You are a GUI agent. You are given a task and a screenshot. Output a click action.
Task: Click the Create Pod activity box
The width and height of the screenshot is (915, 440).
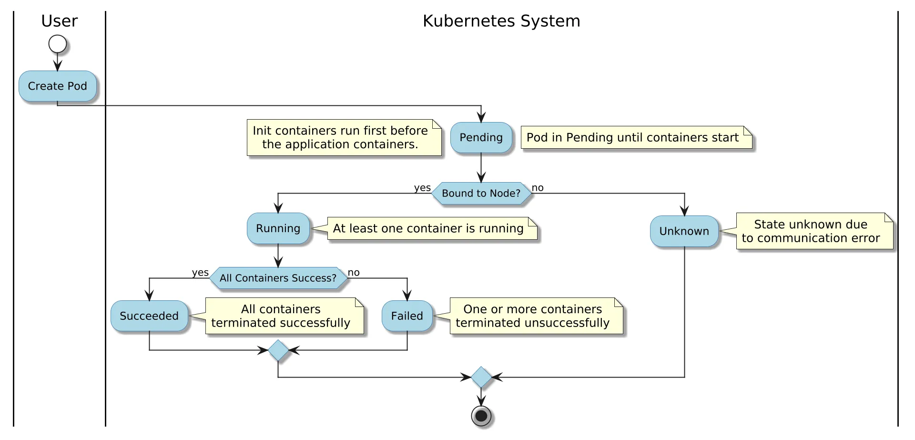tap(58, 86)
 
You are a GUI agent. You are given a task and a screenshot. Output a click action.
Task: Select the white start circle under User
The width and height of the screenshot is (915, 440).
tap(58, 44)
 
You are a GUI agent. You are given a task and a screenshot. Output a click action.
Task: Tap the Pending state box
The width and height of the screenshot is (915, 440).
tap(481, 138)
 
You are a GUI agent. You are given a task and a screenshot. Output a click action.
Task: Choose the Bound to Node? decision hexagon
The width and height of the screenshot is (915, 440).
tap(481, 193)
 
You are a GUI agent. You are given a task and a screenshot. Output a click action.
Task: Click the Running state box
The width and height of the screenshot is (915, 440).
tap(278, 228)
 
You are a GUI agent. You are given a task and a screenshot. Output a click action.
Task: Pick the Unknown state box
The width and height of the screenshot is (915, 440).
tap(684, 231)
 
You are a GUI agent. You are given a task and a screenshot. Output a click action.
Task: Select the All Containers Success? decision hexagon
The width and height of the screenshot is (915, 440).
tap(278, 278)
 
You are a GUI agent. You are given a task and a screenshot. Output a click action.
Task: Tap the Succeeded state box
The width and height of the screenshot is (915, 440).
tap(149, 316)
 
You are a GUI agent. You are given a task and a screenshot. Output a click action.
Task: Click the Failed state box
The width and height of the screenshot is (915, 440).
tap(407, 316)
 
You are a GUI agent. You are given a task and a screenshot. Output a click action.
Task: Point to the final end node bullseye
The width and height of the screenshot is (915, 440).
tap(481, 416)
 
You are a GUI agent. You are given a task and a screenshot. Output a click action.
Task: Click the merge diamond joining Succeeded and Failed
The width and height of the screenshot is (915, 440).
tap(278, 350)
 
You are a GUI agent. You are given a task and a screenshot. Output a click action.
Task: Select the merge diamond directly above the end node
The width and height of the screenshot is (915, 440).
tap(481, 377)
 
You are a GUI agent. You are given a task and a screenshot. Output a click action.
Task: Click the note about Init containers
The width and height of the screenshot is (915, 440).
tap(344, 138)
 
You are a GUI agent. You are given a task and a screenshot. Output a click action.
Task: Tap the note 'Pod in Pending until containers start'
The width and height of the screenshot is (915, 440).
tap(636, 138)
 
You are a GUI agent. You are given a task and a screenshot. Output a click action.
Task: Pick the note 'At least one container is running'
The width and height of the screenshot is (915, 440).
tap(433, 228)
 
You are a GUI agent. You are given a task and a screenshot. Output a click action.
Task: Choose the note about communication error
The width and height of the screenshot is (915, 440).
tap(814, 231)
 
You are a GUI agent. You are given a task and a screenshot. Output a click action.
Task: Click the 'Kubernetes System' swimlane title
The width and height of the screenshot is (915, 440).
tap(501, 21)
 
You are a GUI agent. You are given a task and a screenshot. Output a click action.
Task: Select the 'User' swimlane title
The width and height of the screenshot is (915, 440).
tap(60, 21)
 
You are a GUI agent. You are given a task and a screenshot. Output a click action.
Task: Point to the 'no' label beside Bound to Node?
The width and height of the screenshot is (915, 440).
tap(538, 188)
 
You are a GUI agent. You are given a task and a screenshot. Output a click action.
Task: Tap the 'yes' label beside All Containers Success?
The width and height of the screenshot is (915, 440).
tap(200, 273)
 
